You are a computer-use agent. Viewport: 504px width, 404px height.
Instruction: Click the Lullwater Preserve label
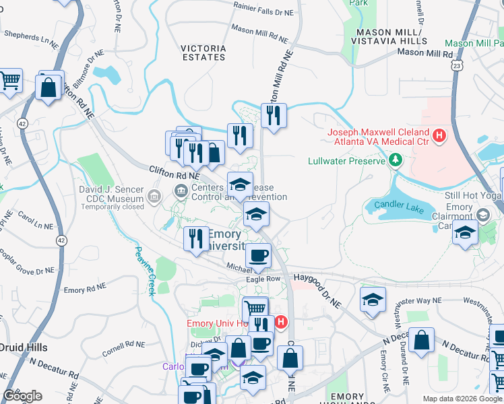tap(346, 161)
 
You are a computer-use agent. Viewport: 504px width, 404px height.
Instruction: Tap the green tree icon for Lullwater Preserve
tap(396, 161)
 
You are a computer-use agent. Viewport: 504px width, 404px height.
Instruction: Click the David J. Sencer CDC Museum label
tap(112, 190)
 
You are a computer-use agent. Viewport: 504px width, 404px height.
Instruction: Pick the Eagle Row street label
tap(263, 278)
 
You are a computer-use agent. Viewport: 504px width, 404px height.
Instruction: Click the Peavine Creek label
tap(143, 271)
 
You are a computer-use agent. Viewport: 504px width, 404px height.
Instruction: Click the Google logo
tap(22, 395)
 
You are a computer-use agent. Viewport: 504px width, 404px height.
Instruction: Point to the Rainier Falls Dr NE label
tap(263, 12)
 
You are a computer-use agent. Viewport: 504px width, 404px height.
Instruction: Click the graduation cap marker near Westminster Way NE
tap(373, 300)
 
